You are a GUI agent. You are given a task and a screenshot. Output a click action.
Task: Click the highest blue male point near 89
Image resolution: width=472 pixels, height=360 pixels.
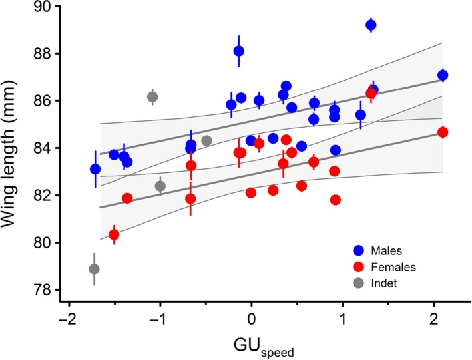point(371,25)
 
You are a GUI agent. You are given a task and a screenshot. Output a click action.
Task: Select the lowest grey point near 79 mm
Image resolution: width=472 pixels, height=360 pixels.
point(95,269)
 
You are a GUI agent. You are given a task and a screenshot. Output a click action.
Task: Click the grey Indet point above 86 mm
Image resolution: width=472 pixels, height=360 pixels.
point(152,97)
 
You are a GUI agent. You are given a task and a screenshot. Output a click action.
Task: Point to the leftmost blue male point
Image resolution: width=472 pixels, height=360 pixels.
point(95,169)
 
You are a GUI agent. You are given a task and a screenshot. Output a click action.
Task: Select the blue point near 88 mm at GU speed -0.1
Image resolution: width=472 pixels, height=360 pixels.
point(239,51)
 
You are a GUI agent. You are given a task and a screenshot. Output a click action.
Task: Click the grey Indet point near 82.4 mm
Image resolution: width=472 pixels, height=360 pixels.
point(160,186)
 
